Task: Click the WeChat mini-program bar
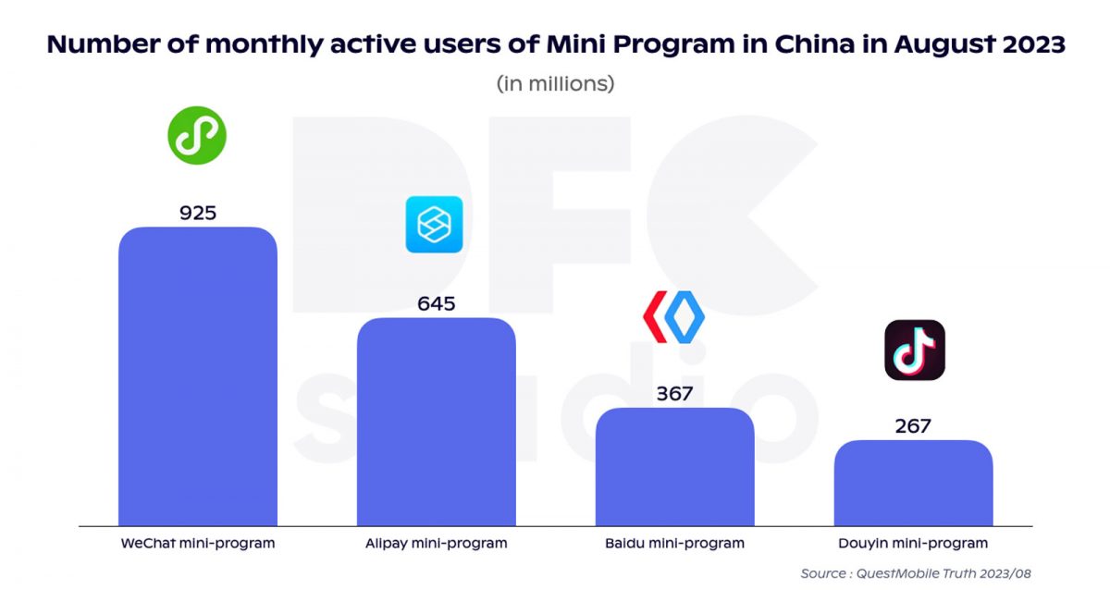[x=198, y=377]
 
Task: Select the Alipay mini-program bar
[x=437, y=423]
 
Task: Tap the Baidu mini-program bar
[x=674, y=467]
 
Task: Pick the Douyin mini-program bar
[x=913, y=484]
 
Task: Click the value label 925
[x=198, y=213]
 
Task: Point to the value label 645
[x=437, y=303]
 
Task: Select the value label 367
[x=674, y=393]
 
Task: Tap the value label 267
[x=913, y=426]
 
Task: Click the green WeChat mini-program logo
[x=197, y=135]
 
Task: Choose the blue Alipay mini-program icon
[x=434, y=225]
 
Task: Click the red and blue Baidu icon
[x=673, y=317]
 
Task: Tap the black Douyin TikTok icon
[x=915, y=350]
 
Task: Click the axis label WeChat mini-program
[x=198, y=544]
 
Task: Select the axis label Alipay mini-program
[x=437, y=544]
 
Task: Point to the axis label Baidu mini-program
[x=674, y=544]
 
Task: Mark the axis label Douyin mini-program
[x=913, y=544]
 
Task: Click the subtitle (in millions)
[x=556, y=83]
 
